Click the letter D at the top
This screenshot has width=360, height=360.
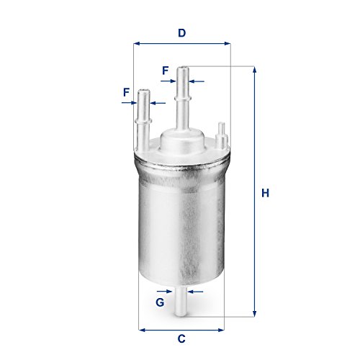point(182,32)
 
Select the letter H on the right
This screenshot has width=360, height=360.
point(265,193)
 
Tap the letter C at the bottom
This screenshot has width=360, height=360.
point(181,338)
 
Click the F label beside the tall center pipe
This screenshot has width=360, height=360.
point(165,71)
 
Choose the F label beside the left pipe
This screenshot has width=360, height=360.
point(126,92)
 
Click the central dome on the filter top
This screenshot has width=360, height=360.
point(181,138)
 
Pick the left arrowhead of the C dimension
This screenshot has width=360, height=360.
point(141,330)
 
